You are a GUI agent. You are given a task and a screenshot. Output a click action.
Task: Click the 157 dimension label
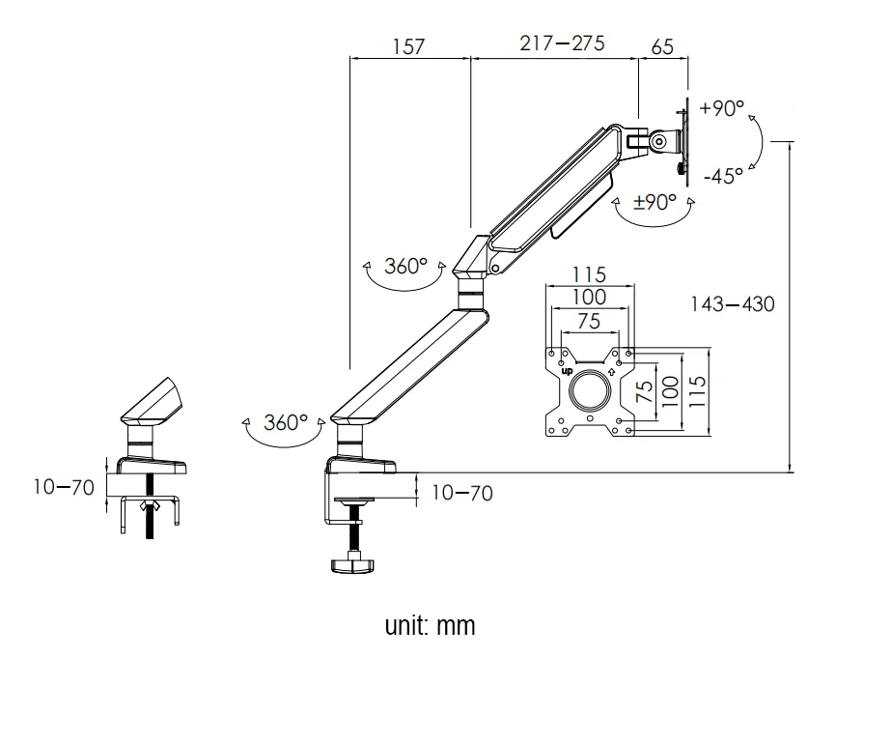click(408, 46)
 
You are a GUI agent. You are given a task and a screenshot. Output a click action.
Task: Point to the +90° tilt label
click(721, 108)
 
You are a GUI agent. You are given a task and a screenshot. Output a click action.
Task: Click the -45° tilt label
click(723, 176)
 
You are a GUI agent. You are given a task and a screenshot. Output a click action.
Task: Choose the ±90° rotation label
click(654, 203)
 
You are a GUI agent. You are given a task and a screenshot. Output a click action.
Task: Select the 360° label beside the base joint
click(286, 423)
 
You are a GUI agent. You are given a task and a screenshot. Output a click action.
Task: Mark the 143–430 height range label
click(732, 304)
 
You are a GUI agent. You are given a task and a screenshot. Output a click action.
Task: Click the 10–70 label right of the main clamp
click(460, 494)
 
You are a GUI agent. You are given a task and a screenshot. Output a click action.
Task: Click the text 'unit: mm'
click(431, 625)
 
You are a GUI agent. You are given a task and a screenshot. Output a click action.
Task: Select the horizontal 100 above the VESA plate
click(589, 298)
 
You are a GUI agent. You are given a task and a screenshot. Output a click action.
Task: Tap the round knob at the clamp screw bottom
click(353, 563)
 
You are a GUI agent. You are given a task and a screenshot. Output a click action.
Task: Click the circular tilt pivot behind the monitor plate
click(660, 140)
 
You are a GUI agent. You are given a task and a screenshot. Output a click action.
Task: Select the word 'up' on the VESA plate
click(566, 371)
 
